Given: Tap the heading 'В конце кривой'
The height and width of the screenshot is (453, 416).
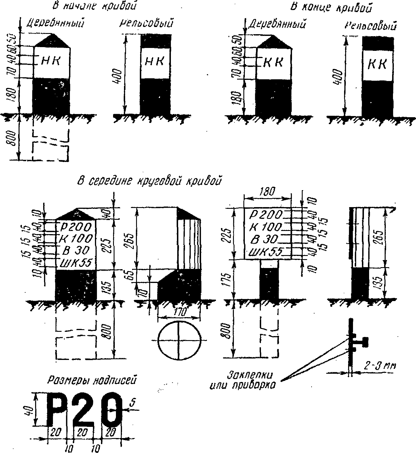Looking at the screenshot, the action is [x=332, y=7].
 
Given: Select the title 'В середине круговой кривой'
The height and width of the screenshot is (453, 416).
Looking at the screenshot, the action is [x=150, y=181].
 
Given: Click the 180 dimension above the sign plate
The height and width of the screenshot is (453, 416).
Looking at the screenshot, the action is [x=267, y=192].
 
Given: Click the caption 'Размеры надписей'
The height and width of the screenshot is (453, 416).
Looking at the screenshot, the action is [x=91, y=380].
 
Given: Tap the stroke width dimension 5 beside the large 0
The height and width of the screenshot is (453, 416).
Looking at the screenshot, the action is [x=132, y=403].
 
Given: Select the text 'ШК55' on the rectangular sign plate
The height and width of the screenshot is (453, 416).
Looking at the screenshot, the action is [x=265, y=252].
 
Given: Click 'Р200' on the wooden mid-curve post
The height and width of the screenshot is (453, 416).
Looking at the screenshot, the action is [x=76, y=227].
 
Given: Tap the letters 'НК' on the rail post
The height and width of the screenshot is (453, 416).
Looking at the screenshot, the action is [x=154, y=61].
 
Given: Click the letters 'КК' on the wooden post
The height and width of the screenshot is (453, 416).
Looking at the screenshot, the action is [x=273, y=62].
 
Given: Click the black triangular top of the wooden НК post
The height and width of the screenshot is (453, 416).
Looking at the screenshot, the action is [x=52, y=41].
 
